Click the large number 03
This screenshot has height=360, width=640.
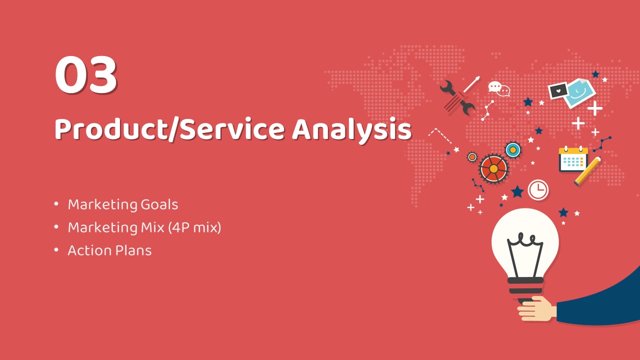[x=86, y=74]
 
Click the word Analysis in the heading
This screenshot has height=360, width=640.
[x=351, y=130]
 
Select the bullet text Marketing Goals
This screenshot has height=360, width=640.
[x=123, y=205]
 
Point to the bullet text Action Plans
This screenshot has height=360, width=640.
[x=109, y=250]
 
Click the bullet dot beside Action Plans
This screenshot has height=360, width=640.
[x=56, y=250]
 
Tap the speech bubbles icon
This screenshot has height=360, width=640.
[x=499, y=89]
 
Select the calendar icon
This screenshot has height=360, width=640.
[x=573, y=159]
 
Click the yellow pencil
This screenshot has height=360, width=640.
[x=587, y=171]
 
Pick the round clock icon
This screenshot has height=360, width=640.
[x=538, y=189]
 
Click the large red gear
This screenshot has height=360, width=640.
[x=493, y=168]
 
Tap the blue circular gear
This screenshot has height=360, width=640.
[x=513, y=149]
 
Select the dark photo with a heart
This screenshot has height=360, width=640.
[x=558, y=90]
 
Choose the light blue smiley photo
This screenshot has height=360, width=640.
[x=580, y=93]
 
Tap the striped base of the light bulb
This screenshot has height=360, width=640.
[x=525, y=287]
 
